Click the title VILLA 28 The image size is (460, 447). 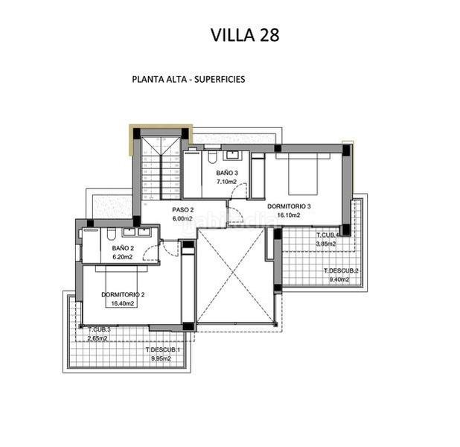[245, 34]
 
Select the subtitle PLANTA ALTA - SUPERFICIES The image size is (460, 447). [188, 78]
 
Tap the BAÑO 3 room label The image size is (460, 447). [227, 172]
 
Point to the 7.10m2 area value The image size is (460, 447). [227, 181]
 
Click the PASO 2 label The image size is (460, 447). [183, 209]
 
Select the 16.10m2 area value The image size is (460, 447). [289, 215]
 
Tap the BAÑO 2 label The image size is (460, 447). [123, 248]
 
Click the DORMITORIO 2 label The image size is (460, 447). [123, 294]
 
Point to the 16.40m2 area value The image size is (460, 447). [123, 303]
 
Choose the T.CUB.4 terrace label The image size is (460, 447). [328, 235]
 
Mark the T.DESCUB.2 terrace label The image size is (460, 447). [341, 270]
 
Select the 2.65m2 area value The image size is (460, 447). [96, 338]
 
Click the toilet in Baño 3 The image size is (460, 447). [213, 156]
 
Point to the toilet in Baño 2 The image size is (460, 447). [92, 232]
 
